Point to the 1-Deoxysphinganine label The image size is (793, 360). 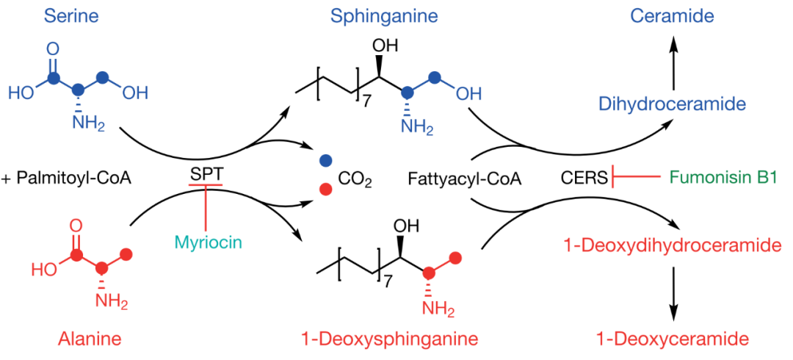[x=390, y=339]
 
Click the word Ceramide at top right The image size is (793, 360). [x=676, y=15]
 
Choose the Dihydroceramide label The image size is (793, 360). [x=671, y=104]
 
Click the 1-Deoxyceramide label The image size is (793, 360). [x=672, y=339]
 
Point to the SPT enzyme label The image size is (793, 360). [x=204, y=176]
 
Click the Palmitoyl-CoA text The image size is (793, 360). [x=72, y=177]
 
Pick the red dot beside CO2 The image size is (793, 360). [x=325, y=190]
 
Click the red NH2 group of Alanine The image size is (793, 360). [x=115, y=301]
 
